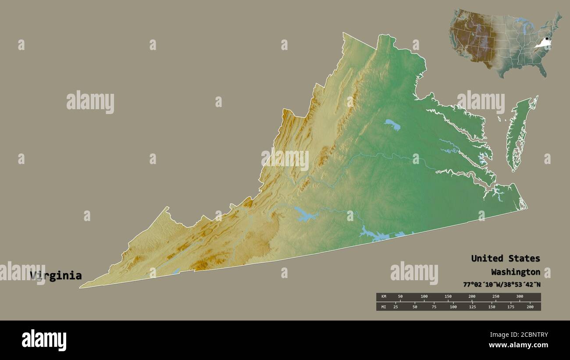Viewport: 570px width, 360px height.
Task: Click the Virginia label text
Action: [56, 276]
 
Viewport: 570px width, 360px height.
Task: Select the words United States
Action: [505, 258]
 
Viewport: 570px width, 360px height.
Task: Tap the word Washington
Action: [515, 271]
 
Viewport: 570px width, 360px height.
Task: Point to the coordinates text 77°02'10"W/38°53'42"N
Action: [502, 284]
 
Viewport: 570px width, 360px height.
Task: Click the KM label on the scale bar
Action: [384, 297]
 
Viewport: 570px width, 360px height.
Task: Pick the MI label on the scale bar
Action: [384, 307]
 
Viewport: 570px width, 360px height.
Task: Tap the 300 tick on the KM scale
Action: [520, 297]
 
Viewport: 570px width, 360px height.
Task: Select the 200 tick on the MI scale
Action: [530, 307]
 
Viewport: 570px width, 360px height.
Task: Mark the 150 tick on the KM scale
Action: [448, 297]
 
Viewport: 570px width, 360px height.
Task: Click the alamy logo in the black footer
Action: [44, 340]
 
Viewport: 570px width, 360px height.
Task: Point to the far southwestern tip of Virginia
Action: [81, 288]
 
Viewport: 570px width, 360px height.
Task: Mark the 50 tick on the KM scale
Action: [400, 297]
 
